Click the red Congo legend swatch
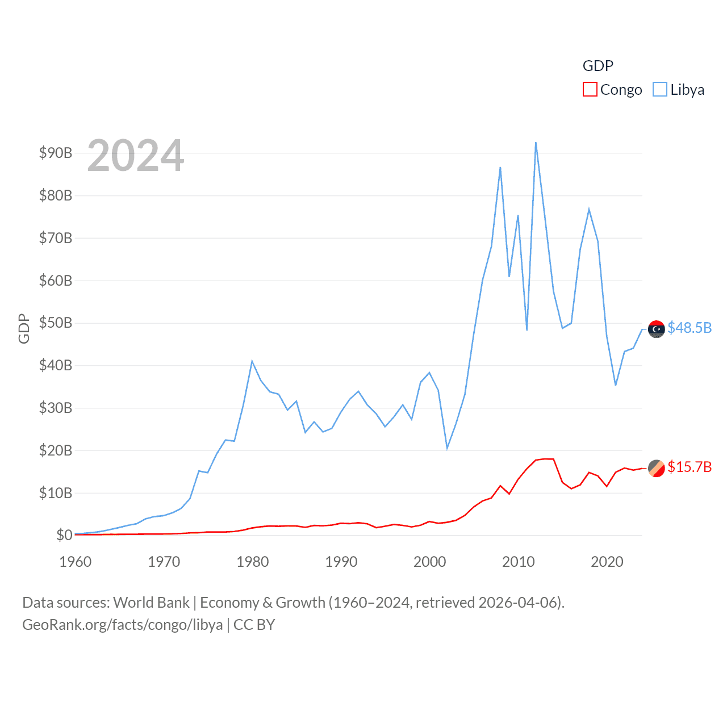[590, 90]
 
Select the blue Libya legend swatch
[660, 90]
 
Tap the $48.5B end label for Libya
[690, 328]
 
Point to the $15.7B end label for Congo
[690, 467]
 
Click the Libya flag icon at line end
[657, 329]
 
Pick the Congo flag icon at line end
[657, 468]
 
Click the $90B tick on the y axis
[56, 153]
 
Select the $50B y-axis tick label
[56, 323]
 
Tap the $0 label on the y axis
[64, 535]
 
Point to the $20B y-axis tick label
[56, 450]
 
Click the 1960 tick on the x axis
[76, 562]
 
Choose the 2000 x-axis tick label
[430, 562]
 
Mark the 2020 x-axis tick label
[607, 562]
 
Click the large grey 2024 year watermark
[136, 155]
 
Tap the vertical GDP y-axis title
[24, 328]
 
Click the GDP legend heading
[598, 66]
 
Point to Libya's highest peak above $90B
[536, 143]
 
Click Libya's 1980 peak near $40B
[252, 361]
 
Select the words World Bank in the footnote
[151, 602]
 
